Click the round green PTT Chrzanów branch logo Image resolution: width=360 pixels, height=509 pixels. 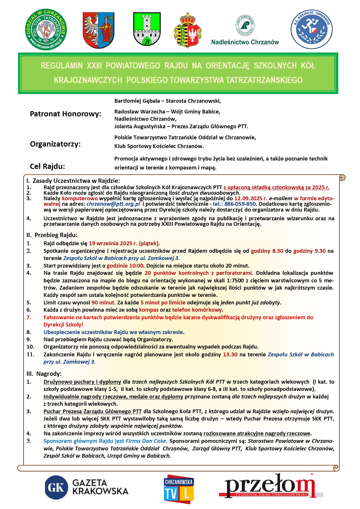click(46, 29)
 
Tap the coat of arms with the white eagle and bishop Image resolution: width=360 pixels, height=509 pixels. click(98, 30)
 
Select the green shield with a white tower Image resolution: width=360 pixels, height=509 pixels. click(147, 29)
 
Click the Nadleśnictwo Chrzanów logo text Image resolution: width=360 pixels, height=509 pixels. click(245, 42)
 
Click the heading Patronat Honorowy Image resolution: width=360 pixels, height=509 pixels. click(66, 114)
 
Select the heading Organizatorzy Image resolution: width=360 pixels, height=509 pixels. click(55, 144)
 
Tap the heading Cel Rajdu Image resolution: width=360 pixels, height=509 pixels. click(47, 166)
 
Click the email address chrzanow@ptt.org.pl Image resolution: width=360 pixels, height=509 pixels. click(113, 204)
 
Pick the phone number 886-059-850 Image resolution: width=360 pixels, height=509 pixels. click(240, 204)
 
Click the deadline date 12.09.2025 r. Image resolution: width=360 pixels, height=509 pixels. click(251, 198)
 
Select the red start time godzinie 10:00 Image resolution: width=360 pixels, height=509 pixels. click(125, 266)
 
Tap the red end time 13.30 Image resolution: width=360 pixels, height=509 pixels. click(230, 354)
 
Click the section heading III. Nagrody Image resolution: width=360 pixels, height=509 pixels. click(44, 373)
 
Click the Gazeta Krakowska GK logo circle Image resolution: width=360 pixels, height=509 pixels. click(56, 487)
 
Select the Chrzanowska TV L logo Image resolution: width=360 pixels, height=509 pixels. click(179, 489)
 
